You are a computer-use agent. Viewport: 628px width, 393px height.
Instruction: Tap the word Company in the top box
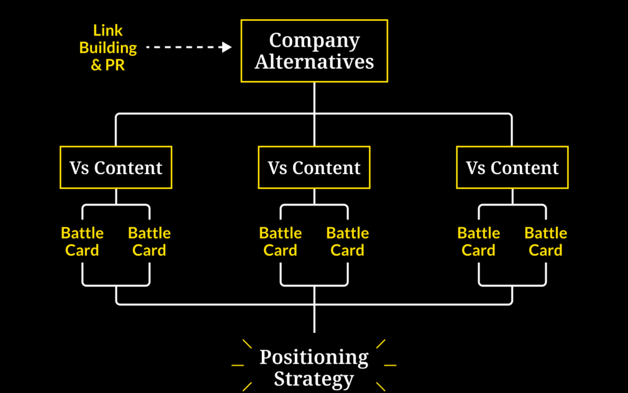tap(314, 41)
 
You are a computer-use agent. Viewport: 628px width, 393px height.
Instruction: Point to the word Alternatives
tap(314, 62)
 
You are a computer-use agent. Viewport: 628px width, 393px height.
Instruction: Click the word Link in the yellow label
tap(108, 30)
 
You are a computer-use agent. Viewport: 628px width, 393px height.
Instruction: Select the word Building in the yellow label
tap(108, 47)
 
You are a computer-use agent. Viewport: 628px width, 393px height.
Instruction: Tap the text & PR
tap(108, 65)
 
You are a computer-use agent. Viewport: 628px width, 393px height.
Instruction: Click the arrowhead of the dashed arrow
tap(227, 47)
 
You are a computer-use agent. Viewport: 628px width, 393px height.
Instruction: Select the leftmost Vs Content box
tap(116, 168)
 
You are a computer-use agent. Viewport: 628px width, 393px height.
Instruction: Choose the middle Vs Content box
tap(314, 168)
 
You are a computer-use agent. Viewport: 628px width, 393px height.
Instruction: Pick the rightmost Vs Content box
tap(512, 168)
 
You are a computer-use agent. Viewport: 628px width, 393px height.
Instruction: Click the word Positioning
tap(314, 357)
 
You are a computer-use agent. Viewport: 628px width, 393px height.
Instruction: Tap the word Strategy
tap(314, 379)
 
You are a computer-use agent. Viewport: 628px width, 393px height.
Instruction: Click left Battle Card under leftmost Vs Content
tap(82, 242)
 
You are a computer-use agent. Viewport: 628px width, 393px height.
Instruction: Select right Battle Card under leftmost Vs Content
tap(149, 242)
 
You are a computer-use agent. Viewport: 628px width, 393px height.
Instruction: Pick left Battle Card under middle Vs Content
tap(280, 242)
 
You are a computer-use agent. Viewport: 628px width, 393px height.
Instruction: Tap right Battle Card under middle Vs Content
tap(348, 242)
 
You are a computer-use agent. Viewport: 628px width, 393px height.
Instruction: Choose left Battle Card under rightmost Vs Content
tap(479, 242)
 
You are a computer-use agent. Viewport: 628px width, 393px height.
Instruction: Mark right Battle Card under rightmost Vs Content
tap(546, 242)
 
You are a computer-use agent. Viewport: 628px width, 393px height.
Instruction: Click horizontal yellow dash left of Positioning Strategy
tap(238, 366)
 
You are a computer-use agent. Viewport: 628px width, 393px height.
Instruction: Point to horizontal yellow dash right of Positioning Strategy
tap(390, 366)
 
